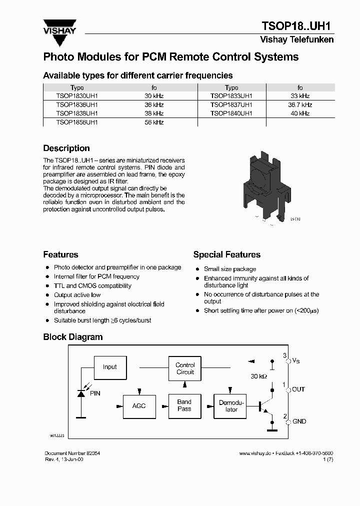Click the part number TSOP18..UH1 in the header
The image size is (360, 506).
tap(297, 26)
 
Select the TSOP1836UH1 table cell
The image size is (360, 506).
tap(77, 105)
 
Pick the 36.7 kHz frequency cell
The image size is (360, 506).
tap(300, 105)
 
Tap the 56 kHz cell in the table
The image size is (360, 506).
tap(154, 122)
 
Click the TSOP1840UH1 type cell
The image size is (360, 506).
tap(231, 113)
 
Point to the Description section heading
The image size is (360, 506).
tap(66, 148)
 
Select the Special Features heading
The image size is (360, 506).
tap(226, 254)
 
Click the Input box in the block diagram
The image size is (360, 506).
tap(109, 367)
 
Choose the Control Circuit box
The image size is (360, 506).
tap(185, 368)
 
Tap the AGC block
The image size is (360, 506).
tap(139, 405)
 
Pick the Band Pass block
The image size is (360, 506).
tap(184, 405)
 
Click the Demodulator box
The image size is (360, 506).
tap(231, 405)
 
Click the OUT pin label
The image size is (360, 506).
tap(298, 389)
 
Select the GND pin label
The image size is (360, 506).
tap(299, 421)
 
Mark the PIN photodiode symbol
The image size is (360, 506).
tap(81, 393)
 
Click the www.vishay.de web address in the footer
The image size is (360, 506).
tap(255, 453)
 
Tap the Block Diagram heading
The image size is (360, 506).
tap(73, 337)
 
